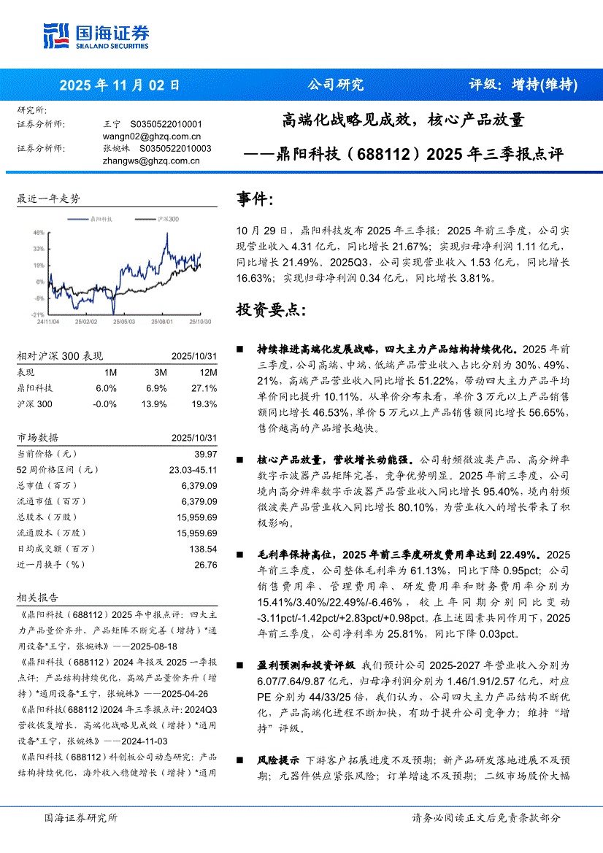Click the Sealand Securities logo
96,36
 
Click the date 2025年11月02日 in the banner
120,85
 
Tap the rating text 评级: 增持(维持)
523,85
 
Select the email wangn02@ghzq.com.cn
152,136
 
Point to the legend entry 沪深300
169,219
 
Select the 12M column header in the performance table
208,372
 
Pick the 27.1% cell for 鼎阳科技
204,388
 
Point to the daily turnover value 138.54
203,549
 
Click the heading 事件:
256,198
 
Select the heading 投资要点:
271,309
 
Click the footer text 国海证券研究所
81,818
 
